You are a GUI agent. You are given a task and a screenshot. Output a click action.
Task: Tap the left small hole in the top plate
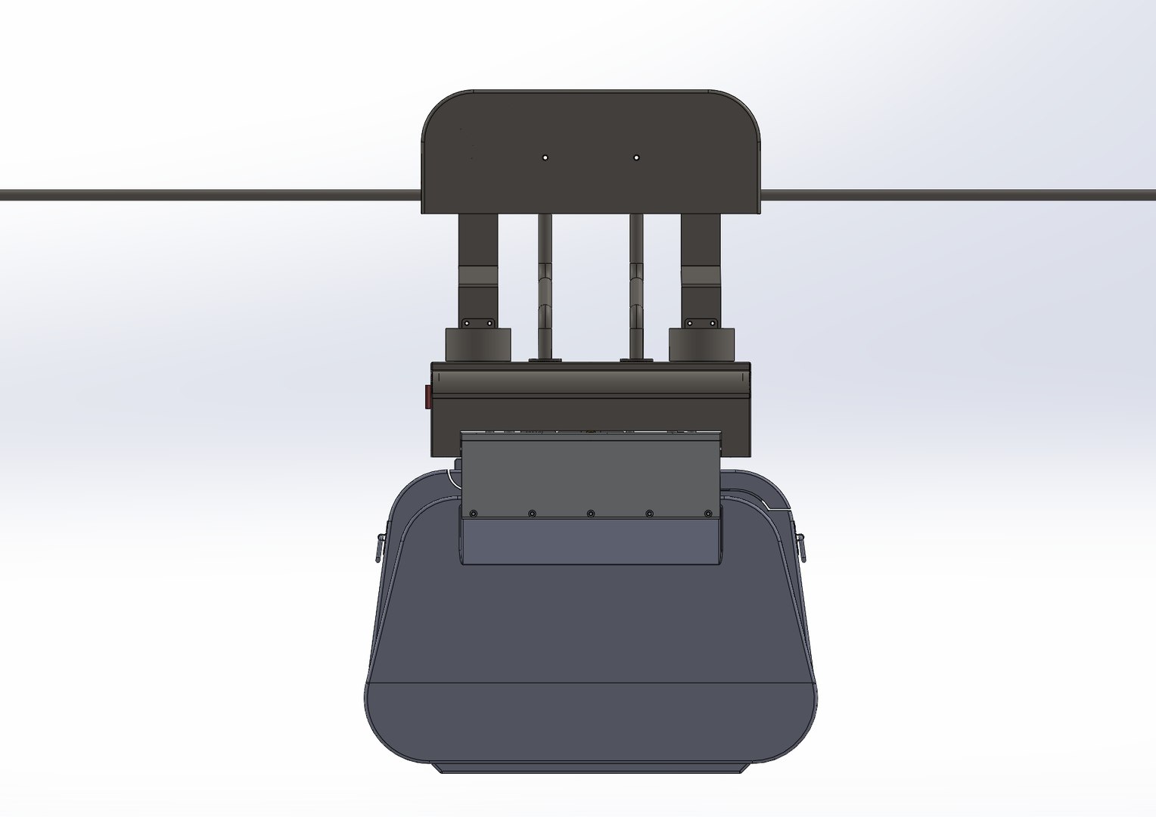pyautogui.click(x=545, y=157)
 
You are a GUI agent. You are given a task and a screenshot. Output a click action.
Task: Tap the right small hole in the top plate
pyautogui.click(x=636, y=157)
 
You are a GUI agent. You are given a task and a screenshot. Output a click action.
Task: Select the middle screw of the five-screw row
pyautogui.click(x=591, y=514)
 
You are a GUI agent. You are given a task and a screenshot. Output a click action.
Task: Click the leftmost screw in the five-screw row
pyautogui.click(x=474, y=514)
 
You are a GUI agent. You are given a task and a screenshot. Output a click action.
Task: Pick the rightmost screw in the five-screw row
pyautogui.click(x=708, y=514)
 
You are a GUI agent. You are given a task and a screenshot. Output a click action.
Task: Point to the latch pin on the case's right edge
pyautogui.click(x=803, y=546)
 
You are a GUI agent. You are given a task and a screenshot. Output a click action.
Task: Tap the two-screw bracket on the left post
pyautogui.click(x=478, y=322)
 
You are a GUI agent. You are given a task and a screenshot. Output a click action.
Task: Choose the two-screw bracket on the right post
pyautogui.click(x=701, y=322)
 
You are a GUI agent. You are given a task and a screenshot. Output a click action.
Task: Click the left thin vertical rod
pyautogui.click(x=545, y=287)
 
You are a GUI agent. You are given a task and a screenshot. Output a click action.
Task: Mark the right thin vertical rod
pyautogui.click(x=637, y=287)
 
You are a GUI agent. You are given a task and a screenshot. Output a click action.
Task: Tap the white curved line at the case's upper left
pyautogui.click(x=452, y=477)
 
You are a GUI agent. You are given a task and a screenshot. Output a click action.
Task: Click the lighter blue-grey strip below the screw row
pyautogui.click(x=591, y=542)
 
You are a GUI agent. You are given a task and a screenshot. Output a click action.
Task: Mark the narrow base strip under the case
pyautogui.click(x=590, y=767)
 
